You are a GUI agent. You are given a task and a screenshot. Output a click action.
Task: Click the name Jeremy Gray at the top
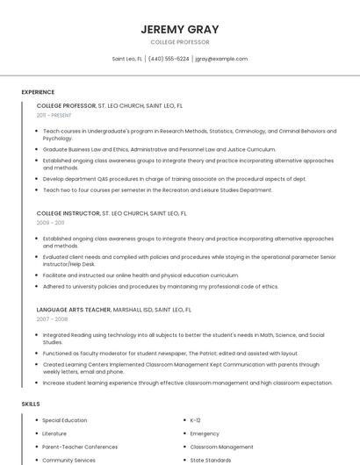(x=180, y=29)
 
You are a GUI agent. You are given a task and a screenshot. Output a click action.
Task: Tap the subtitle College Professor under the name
(x=180, y=42)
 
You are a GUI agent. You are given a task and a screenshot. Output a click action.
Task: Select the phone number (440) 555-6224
(x=169, y=59)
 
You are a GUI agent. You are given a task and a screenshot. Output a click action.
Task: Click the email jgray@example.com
(x=221, y=59)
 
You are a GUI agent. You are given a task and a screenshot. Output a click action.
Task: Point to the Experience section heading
(x=38, y=92)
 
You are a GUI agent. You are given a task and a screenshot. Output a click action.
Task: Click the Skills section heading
(x=31, y=404)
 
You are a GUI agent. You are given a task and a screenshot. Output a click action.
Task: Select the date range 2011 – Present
(x=54, y=115)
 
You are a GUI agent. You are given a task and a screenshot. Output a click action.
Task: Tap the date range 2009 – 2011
(x=50, y=223)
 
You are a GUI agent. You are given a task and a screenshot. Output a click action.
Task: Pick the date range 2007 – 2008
(x=52, y=319)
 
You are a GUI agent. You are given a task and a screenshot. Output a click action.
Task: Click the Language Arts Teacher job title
(x=74, y=310)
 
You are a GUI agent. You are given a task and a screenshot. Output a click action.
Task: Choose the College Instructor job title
(x=68, y=213)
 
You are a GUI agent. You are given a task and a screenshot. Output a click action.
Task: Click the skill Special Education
(x=65, y=420)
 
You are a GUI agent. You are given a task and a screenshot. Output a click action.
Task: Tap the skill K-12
(x=196, y=420)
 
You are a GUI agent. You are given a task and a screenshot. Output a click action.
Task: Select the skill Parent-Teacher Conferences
(x=79, y=447)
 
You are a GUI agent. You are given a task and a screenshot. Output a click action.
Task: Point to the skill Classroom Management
(x=221, y=447)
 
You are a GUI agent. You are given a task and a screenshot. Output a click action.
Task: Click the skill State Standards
(x=211, y=460)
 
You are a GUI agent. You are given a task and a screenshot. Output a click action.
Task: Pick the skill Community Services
(x=68, y=460)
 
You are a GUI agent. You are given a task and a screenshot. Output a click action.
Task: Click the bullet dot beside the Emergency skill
(x=184, y=433)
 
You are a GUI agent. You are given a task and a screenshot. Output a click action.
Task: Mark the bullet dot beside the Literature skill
(x=36, y=433)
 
